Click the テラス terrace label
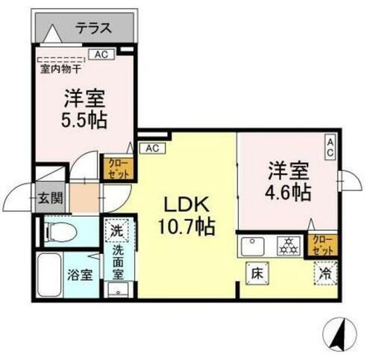point(93,29)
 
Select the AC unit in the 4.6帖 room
point(330,146)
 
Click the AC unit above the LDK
point(152,148)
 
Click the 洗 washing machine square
point(117,232)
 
